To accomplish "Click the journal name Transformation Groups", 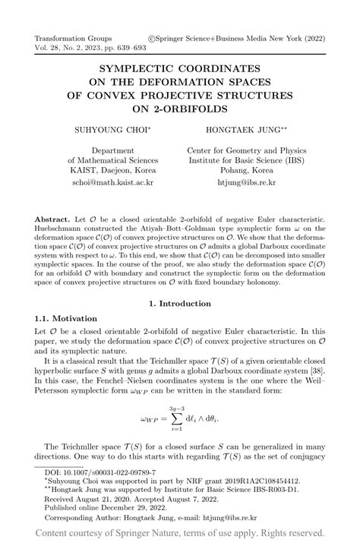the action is click(73, 38).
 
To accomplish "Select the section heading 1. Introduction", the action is click(179, 326).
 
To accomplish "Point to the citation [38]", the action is click(314, 377).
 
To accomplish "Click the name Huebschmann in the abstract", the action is click(65, 229).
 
